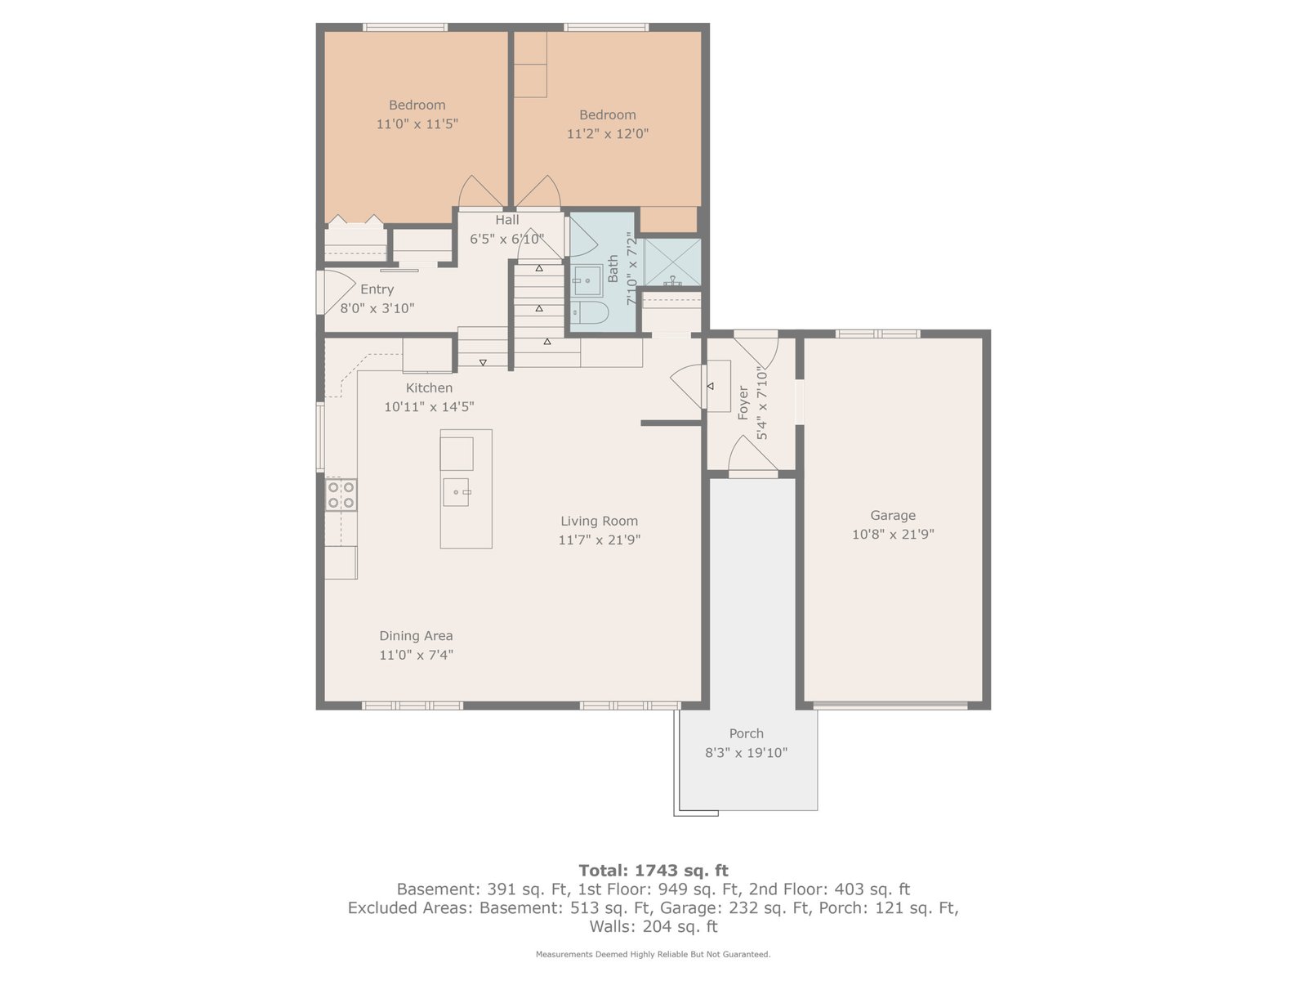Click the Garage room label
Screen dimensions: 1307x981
click(892, 515)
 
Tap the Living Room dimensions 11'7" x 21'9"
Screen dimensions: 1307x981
click(599, 540)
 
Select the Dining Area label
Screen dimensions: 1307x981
click(416, 635)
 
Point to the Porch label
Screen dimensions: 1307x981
click(746, 733)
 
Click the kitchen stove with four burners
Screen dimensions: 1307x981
click(341, 495)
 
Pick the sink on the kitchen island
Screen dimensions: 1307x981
click(456, 492)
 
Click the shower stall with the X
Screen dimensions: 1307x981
click(672, 262)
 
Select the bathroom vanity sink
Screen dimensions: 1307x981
click(587, 280)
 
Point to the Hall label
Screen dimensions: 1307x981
click(506, 220)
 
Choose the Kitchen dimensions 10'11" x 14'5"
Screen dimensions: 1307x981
click(429, 407)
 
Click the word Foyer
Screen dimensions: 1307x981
click(743, 403)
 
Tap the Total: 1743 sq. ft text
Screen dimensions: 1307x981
click(653, 871)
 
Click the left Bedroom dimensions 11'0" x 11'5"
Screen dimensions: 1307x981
click(417, 124)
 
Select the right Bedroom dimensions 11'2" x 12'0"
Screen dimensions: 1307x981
click(608, 133)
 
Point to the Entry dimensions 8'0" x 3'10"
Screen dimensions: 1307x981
click(377, 308)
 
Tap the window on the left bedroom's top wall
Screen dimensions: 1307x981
click(405, 27)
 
